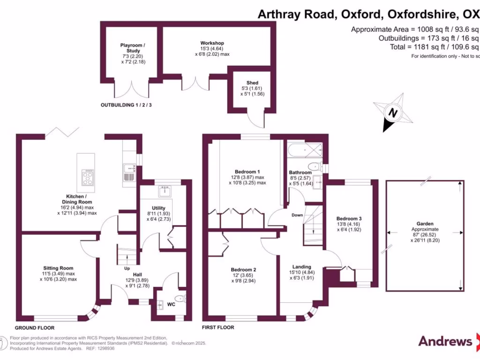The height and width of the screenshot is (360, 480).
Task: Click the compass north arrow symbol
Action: (393, 112)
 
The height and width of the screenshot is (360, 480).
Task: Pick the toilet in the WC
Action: (180, 299)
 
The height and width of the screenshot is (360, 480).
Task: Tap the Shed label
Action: (252, 83)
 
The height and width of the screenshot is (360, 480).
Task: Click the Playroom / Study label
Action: (133, 48)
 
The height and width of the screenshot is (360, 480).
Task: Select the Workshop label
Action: (212, 43)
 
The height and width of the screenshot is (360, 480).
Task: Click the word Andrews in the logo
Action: (445, 341)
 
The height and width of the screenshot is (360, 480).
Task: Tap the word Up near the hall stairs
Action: (127, 269)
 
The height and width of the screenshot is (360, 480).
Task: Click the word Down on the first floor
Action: (297, 216)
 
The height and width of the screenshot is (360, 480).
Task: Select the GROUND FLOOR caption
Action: (35, 328)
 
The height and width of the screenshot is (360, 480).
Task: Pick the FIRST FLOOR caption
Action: (217, 327)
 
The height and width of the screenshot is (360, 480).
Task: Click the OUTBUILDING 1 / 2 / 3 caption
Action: (126, 105)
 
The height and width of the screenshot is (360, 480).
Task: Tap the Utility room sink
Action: (165, 191)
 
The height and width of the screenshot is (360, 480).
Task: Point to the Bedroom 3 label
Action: (349, 218)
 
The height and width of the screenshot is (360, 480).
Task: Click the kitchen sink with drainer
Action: (129, 172)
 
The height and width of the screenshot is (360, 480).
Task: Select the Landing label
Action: (302, 267)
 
